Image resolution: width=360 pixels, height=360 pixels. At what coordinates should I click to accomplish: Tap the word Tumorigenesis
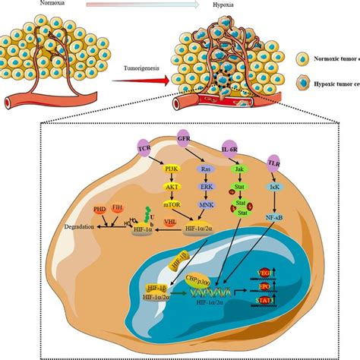tap(143, 69)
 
